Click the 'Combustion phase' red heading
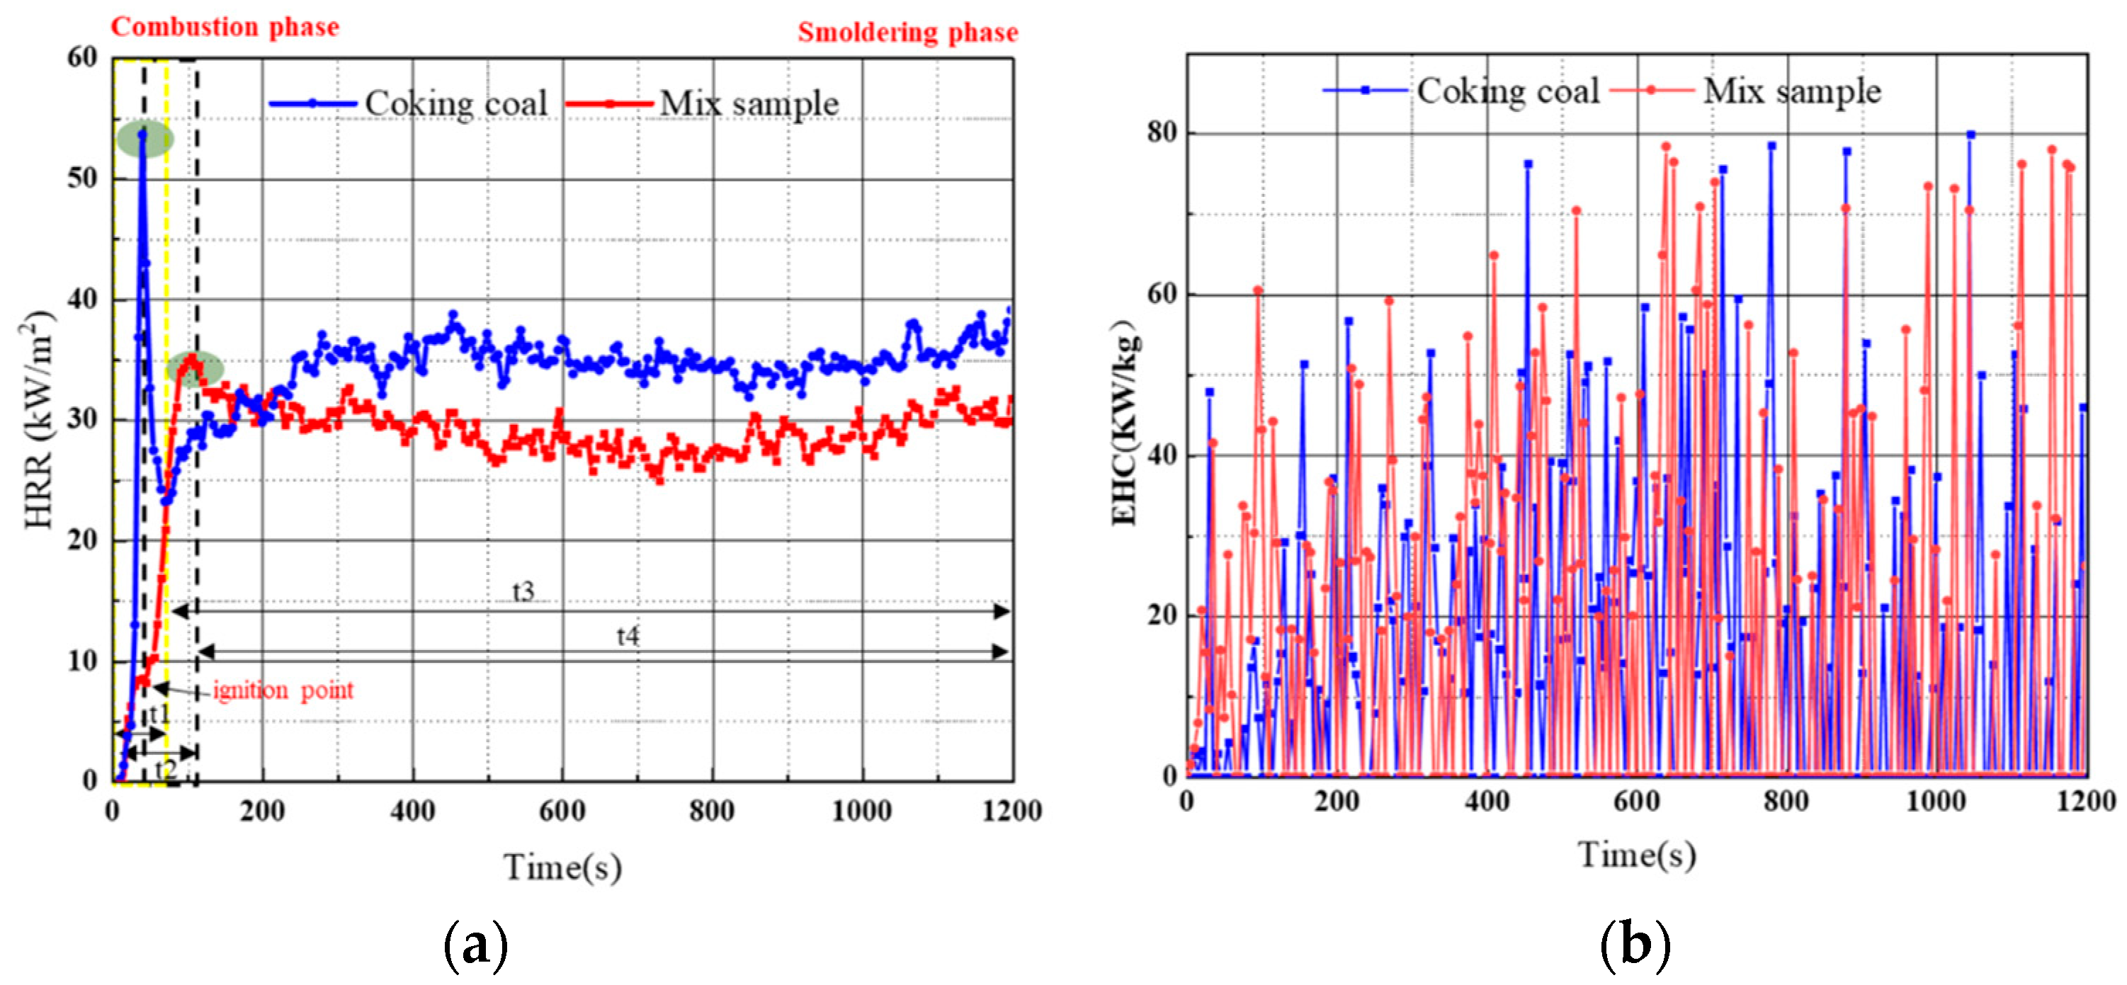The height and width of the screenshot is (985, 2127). coord(225,27)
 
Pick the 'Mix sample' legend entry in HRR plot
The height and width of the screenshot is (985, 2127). coord(748,104)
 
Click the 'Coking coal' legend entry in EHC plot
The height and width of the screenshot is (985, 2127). coord(1508,91)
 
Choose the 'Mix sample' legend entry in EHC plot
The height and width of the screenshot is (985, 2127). coord(1791,91)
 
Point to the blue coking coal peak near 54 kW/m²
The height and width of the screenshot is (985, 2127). coord(143,134)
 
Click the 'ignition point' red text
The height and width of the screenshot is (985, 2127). coord(283,690)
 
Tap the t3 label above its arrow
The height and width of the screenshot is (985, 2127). coord(523,592)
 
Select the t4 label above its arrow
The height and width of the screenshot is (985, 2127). coord(628,636)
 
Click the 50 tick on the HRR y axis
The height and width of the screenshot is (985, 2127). coord(83,178)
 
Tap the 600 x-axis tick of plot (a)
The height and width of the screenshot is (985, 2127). coord(562,811)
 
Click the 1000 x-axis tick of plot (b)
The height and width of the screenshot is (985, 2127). coord(1934,801)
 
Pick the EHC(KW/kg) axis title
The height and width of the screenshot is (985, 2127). coord(1124,421)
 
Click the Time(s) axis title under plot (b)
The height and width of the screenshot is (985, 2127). coord(1638,855)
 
